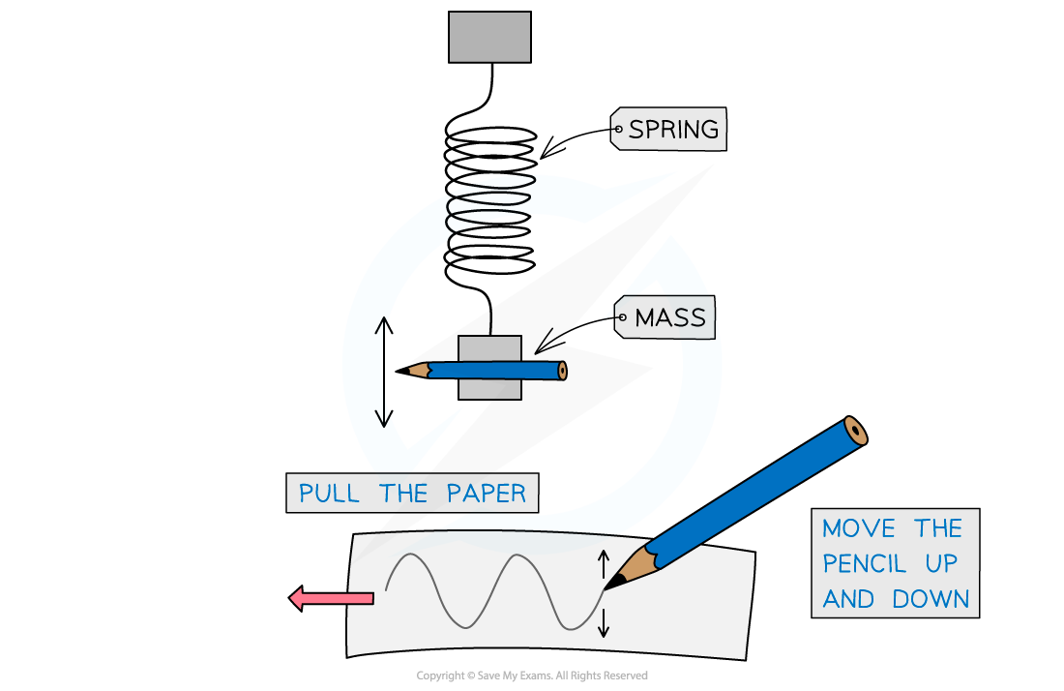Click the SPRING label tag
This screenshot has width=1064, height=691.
[668, 129]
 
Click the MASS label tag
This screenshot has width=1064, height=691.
[665, 317]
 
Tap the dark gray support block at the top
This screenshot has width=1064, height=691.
[489, 38]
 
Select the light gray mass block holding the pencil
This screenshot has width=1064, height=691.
[489, 367]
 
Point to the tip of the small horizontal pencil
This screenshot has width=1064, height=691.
[397, 372]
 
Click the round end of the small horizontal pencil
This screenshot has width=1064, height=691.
[562, 371]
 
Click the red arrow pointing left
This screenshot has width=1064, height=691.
[331, 598]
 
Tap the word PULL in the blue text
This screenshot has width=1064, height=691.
[329, 494]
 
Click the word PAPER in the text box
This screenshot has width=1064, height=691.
[486, 494]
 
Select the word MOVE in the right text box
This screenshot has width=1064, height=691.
[858, 528]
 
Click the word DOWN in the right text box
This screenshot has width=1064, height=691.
[931, 599]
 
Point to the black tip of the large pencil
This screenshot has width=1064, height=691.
[606, 587]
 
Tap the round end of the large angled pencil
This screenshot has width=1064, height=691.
[855, 431]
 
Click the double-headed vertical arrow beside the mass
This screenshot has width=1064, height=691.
[384, 372]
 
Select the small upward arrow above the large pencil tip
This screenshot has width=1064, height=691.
[604, 564]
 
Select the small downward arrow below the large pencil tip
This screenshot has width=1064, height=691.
[604, 622]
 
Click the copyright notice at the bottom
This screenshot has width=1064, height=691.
[532, 676]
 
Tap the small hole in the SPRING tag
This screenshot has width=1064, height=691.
[618, 129]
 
